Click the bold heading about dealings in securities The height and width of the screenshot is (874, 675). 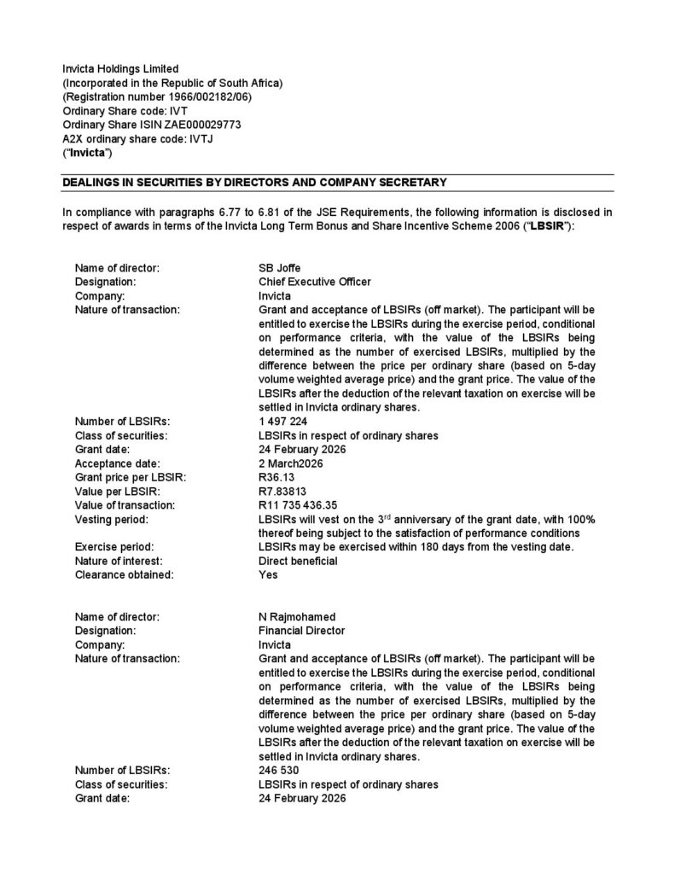[x=255, y=182]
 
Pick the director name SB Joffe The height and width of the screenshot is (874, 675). [x=279, y=268]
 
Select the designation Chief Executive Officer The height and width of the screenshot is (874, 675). [x=314, y=282]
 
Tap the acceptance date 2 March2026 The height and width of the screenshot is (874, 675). [x=291, y=463]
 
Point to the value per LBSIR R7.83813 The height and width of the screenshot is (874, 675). [x=283, y=491]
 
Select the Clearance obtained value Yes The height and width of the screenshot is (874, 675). [x=268, y=574]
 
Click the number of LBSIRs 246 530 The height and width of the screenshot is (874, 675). [x=278, y=770]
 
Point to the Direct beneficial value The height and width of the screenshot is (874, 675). [x=298, y=561]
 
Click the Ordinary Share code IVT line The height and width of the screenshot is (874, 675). [x=125, y=110]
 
